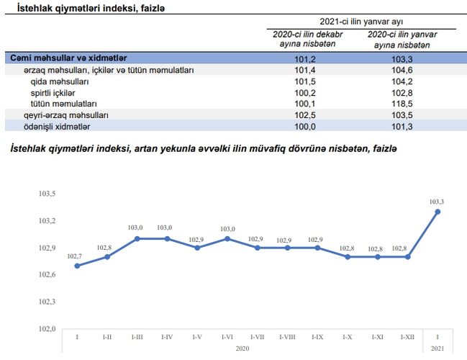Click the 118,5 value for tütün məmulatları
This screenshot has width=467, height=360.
(x=402, y=104)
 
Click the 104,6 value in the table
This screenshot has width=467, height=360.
(x=402, y=71)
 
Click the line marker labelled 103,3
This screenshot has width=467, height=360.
(x=437, y=212)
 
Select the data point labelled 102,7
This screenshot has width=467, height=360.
(x=77, y=266)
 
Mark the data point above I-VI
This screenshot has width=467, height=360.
(x=227, y=238)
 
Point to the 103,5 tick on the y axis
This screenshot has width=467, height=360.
(x=47, y=194)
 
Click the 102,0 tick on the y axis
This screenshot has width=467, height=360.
(x=47, y=328)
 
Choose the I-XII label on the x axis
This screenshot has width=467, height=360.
(x=407, y=337)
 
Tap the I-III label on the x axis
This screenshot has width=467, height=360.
(x=137, y=337)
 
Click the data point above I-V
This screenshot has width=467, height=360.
(x=197, y=248)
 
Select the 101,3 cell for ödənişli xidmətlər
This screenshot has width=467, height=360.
(x=402, y=126)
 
